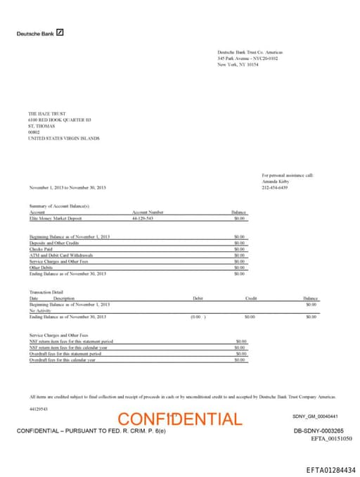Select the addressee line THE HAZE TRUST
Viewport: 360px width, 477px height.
tap(46, 113)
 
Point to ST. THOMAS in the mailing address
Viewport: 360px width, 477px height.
tap(41, 126)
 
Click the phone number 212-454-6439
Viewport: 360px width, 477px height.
tap(275, 188)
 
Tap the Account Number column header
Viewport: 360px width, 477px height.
tap(148, 212)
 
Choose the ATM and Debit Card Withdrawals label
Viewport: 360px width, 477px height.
tap(60, 255)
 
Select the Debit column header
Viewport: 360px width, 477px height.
tap(198, 298)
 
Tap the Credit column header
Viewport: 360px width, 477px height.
tap(250, 298)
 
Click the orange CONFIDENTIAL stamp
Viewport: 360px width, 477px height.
tap(180, 419)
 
